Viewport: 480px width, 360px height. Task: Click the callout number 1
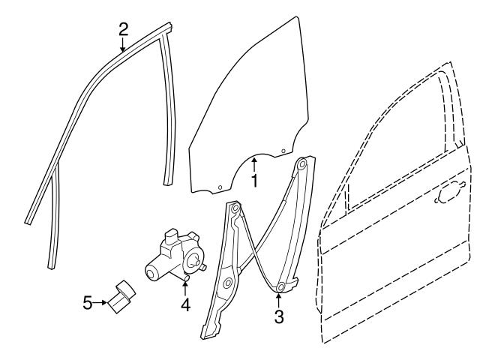click(255, 181)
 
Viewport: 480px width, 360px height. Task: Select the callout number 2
click(124, 29)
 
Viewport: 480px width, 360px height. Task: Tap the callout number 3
click(279, 317)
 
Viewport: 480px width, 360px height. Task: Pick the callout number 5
click(87, 303)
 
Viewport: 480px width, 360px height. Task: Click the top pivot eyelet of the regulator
click(304, 163)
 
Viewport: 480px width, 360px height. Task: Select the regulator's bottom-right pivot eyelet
click(280, 286)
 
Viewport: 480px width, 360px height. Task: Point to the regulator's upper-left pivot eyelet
click(235, 208)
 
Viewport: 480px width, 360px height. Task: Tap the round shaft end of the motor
click(193, 262)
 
